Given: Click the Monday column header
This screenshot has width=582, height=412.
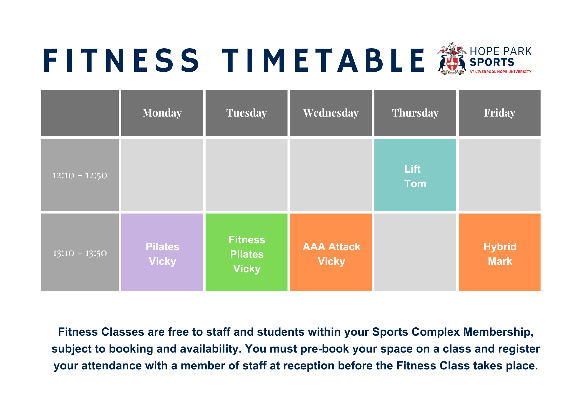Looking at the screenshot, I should tap(162, 113).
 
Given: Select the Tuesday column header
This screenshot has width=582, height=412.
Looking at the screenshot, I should tap(246, 113).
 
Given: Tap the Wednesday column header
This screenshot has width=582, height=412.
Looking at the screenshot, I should tap(331, 113).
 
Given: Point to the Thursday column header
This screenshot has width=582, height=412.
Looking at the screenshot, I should tap(415, 113).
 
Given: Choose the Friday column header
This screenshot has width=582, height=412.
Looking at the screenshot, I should tap(500, 113).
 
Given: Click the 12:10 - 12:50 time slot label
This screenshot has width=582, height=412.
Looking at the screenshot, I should tap(80, 175).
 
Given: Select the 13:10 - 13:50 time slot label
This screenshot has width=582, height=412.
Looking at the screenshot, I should tap(80, 253).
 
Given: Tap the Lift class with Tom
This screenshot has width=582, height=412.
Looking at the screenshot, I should tap(415, 176).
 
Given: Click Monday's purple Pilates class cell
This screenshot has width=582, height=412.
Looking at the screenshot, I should tap(162, 253).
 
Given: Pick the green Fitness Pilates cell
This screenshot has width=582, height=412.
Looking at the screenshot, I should tap(247, 254).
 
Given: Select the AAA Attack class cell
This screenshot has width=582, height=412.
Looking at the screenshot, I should tap(331, 253).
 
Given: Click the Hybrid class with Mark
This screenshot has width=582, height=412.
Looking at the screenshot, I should tap(500, 253).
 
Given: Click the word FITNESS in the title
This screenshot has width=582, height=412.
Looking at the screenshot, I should tap(121, 60).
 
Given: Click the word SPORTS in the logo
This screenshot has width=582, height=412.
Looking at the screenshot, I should tap(492, 62).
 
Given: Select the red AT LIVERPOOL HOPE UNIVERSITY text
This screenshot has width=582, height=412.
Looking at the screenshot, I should tap(500, 72).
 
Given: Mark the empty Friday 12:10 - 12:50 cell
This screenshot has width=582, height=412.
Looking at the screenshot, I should tap(500, 175).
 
